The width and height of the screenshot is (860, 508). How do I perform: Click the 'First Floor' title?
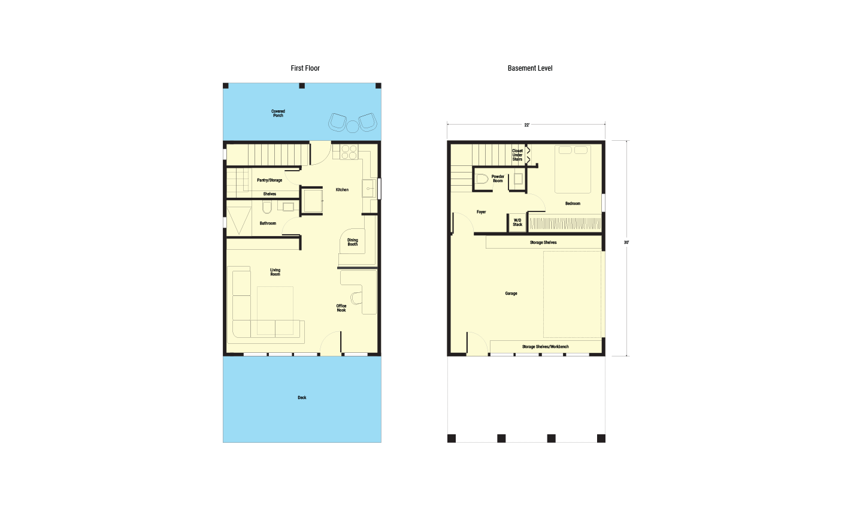tap(305, 68)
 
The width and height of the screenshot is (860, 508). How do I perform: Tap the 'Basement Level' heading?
tap(530, 68)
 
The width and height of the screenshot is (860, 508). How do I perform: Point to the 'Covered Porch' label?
tap(278, 113)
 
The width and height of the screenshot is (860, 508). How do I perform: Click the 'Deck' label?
tap(302, 398)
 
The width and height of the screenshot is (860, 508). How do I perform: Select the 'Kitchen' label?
tap(342, 190)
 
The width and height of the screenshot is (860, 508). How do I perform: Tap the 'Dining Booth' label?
tap(353, 242)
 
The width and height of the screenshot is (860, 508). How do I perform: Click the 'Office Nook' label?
tap(341, 308)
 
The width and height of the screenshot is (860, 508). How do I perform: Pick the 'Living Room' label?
tap(275, 272)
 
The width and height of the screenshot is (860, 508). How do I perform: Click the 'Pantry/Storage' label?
tap(269, 180)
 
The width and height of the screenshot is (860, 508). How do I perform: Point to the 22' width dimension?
tap(527, 125)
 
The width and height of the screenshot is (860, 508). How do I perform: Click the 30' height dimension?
tap(626, 243)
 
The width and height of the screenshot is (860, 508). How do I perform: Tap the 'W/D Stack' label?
tap(517, 223)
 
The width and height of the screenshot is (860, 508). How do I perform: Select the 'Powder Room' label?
tap(498, 179)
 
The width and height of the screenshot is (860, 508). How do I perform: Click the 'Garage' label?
tap(511, 294)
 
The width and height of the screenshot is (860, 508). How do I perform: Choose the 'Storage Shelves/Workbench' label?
tap(545, 347)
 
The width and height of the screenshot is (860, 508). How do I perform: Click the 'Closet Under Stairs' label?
tap(517, 155)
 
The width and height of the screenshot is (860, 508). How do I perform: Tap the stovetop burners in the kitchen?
tap(349, 152)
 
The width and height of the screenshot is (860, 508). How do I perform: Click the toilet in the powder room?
tap(482, 179)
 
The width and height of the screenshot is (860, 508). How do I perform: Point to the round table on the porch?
tap(353, 126)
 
